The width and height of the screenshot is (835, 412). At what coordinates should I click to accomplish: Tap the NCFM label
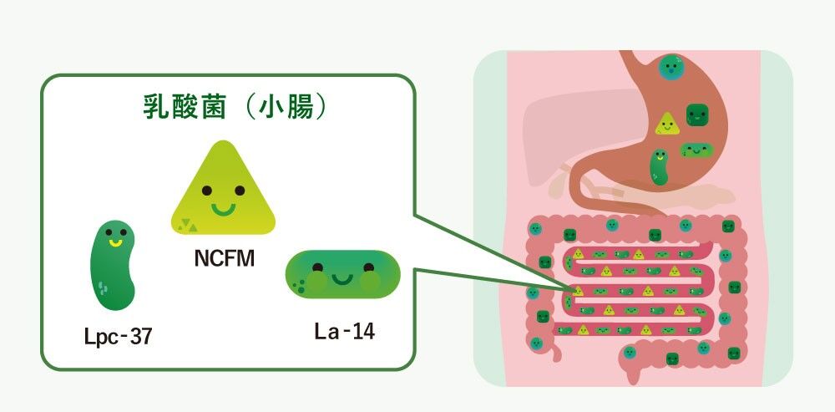[x=224, y=260]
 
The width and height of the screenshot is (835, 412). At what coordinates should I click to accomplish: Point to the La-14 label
[x=344, y=331]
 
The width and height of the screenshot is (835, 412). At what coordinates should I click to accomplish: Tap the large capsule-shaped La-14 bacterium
[x=343, y=274]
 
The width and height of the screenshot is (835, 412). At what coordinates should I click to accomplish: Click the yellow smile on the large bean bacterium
[x=116, y=243]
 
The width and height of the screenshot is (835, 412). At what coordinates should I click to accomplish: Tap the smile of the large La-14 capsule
[x=342, y=277]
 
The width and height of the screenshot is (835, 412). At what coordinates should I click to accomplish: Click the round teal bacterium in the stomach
[x=669, y=66]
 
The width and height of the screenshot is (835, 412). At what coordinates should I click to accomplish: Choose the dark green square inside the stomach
[x=696, y=114]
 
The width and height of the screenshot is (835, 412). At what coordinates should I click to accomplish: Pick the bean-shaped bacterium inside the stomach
[x=660, y=166]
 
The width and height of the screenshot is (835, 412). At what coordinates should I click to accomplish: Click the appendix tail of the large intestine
[x=625, y=360]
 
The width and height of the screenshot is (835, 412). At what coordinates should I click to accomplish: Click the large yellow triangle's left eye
[x=208, y=191]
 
